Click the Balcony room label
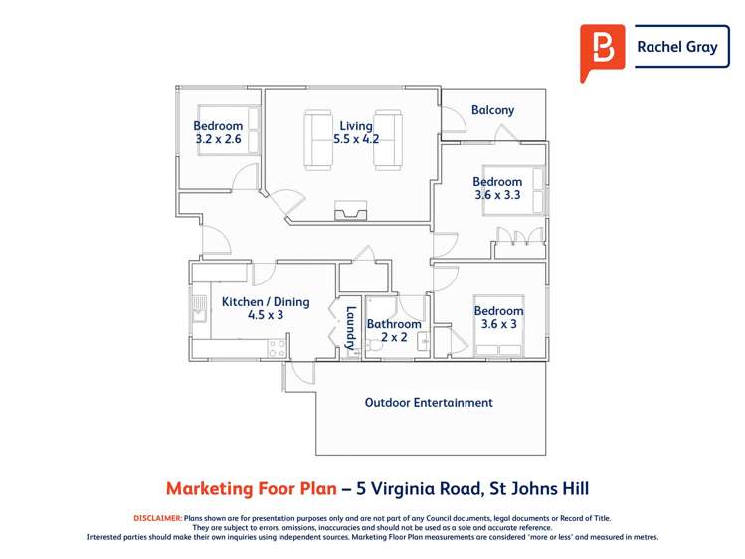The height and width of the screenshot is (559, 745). (492, 110)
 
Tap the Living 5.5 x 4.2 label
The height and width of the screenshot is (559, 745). (356, 133)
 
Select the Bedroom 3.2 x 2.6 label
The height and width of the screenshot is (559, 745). (217, 133)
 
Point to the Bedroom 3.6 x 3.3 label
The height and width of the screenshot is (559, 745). (497, 189)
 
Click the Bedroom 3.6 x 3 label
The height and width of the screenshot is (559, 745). (497, 318)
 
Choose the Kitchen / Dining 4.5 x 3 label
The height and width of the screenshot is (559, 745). (266, 308)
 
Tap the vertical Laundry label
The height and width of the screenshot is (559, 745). (350, 327)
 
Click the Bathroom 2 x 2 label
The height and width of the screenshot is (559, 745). (394, 331)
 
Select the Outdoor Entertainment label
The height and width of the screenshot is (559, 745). (429, 403)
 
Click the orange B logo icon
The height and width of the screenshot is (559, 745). (602, 50)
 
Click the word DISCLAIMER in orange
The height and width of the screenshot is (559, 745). (157, 518)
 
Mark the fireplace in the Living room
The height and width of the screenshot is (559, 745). (351, 210)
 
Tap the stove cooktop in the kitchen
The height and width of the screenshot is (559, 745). (278, 348)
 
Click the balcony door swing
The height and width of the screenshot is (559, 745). (454, 121)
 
